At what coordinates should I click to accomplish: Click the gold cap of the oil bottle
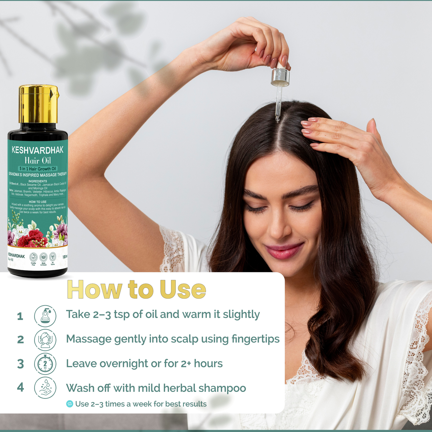click(x=38, y=104)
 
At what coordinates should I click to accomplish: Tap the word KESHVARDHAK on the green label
click(x=38, y=150)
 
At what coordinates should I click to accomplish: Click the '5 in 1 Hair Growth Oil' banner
click(x=38, y=169)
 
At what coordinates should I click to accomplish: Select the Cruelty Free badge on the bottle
click(x=33, y=257)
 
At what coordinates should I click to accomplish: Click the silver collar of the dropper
click(x=280, y=77)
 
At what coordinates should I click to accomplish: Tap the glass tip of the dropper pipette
click(x=277, y=118)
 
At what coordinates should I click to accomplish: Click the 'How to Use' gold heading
click(x=137, y=289)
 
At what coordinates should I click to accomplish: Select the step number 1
click(x=20, y=316)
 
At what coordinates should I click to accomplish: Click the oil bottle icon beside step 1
click(x=45, y=316)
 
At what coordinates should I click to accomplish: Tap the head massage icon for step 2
click(x=45, y=340)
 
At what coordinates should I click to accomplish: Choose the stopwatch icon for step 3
click(x=45, y=364)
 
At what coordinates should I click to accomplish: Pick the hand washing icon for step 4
click(x=45, y=388)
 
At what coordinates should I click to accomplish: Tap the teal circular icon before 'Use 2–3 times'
click(x=70, y=404)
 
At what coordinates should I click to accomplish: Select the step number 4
click(x=20, y=387)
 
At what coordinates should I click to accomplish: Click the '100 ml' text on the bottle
click(x=65, y=257)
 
